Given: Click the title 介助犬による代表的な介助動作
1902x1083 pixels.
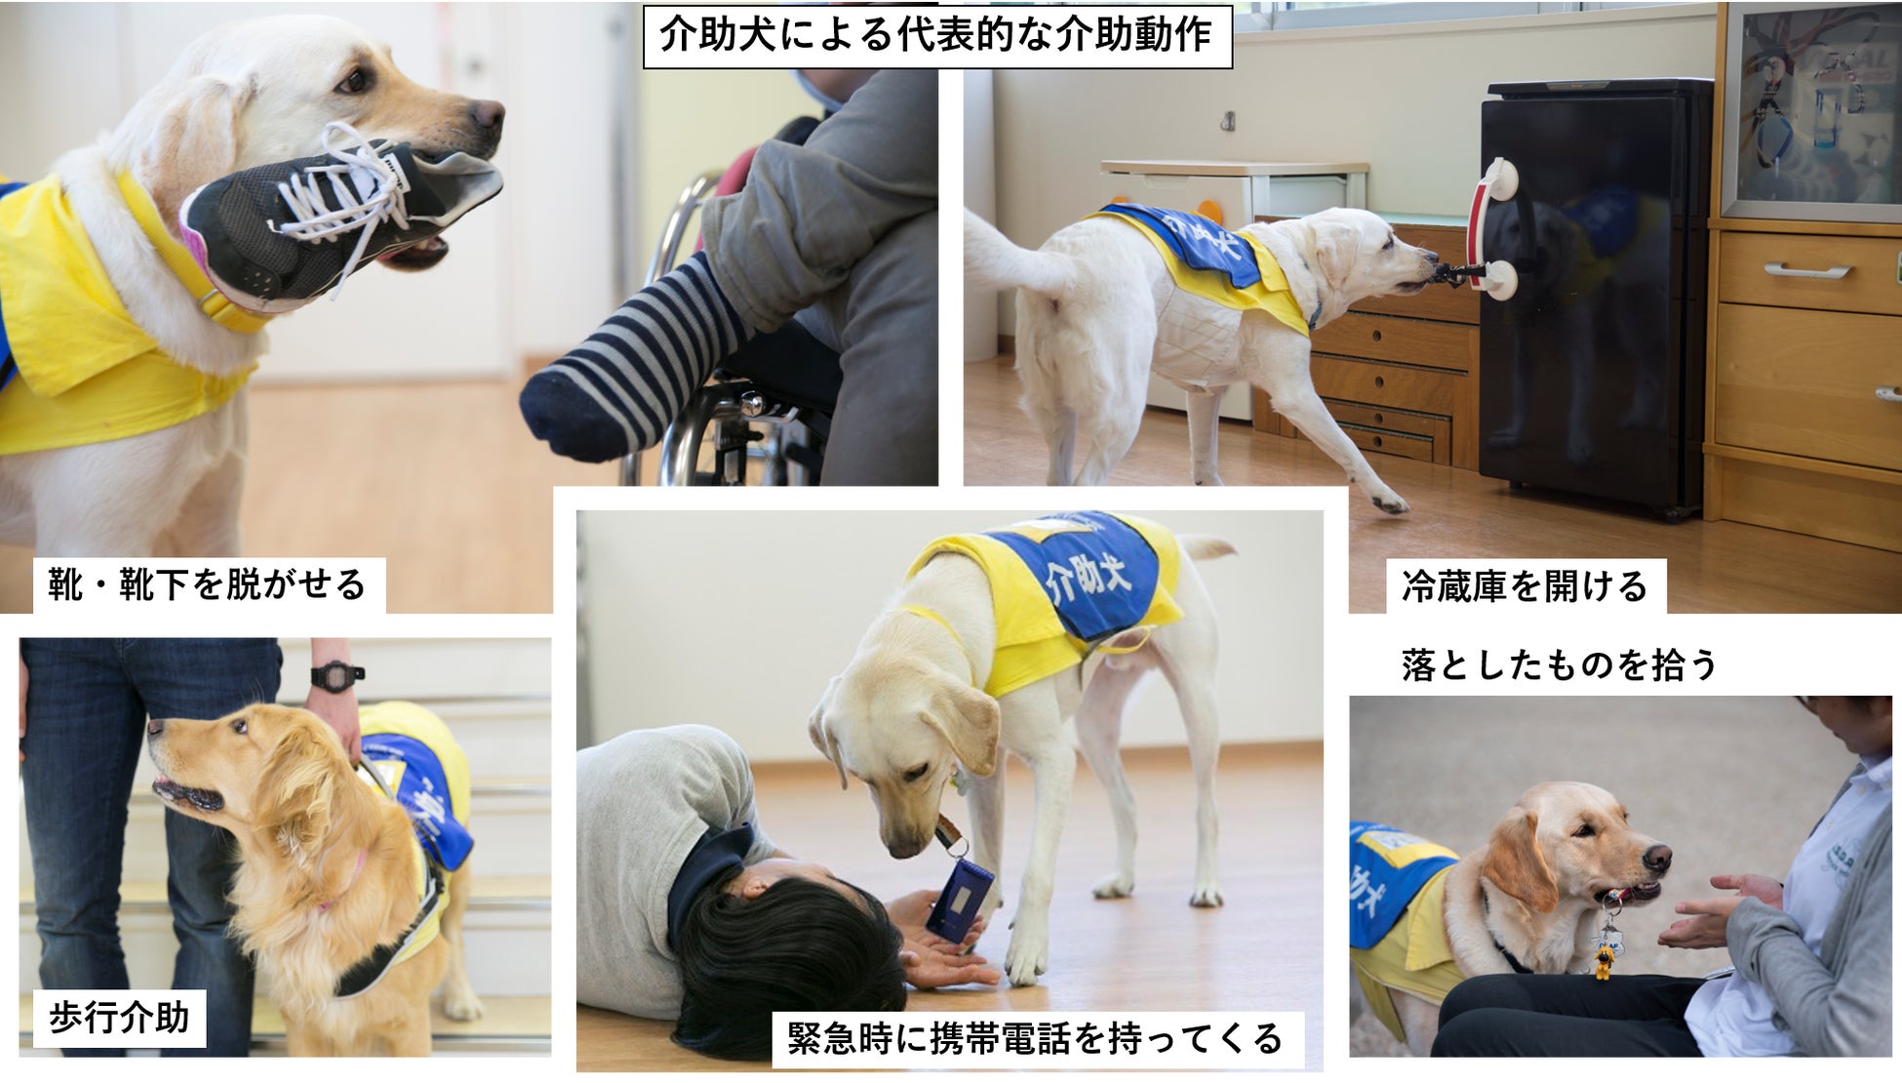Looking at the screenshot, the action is (x=936, y=36).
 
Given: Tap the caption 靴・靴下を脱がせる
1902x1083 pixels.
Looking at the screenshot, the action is (x=208, y=585).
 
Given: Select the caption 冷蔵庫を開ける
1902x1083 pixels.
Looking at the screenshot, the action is (x=1525, y=586).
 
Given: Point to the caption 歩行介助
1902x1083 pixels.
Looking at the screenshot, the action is (x=119, y=1019).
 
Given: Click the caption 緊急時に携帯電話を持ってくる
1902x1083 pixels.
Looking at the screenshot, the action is (x=1035, y=1039).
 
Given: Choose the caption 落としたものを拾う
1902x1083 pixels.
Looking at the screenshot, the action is (x=1559, y=665).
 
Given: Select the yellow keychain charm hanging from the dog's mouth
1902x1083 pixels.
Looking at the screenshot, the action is (x=1603, y=961).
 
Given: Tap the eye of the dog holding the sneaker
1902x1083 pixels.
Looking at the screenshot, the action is (x=353, y=81).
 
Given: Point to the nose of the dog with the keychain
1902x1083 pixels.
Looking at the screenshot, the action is (x=1657, y=859).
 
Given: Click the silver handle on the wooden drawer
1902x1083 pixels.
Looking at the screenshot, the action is (x=1806, y=270).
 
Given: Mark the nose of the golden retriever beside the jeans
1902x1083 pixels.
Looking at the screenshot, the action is (x=155, y=727).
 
